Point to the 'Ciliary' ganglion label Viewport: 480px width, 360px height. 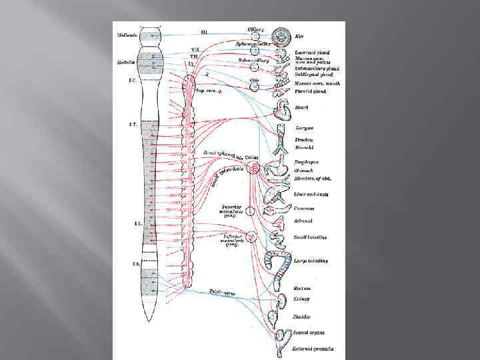point(255,29)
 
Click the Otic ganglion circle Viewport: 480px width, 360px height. point(255,85)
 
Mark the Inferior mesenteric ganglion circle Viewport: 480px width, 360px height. point(251,237)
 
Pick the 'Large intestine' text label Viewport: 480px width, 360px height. point(311,260)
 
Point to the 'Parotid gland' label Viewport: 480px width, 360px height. point(309,91)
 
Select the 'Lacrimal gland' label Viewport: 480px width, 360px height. point(311,52)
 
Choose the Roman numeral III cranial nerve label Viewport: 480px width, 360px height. point(204,31)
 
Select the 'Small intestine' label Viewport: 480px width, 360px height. point(311,236)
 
